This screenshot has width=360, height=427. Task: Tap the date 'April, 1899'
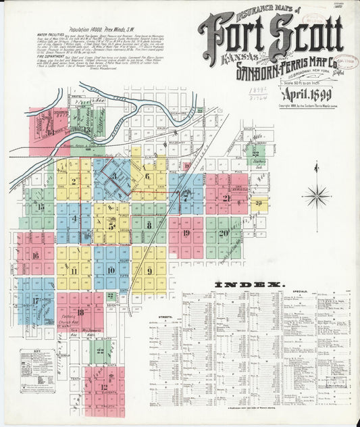pyautogui.click(x=305, y=95)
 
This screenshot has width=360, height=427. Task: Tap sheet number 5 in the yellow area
pyautogui.click(x=111, y=226)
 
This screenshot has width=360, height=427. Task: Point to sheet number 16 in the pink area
pyautogui.click(x=35, y=255)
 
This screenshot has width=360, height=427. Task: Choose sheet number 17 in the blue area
pyautogui.click(x=35, y=300)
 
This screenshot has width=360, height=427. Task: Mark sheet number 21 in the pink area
pyautogui.click(x=226, y=198)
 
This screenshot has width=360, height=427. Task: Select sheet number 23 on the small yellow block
pyautogui.click(x=259, y=203)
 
